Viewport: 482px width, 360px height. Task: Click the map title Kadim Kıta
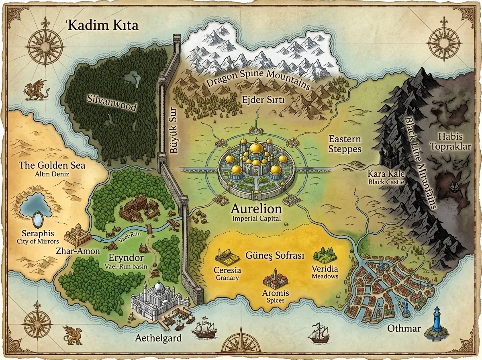(102, 26)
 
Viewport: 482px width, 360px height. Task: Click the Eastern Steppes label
(345, 144)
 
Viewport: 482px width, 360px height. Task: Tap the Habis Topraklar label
(450, 141)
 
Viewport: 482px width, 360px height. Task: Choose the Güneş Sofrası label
(274, 256)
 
